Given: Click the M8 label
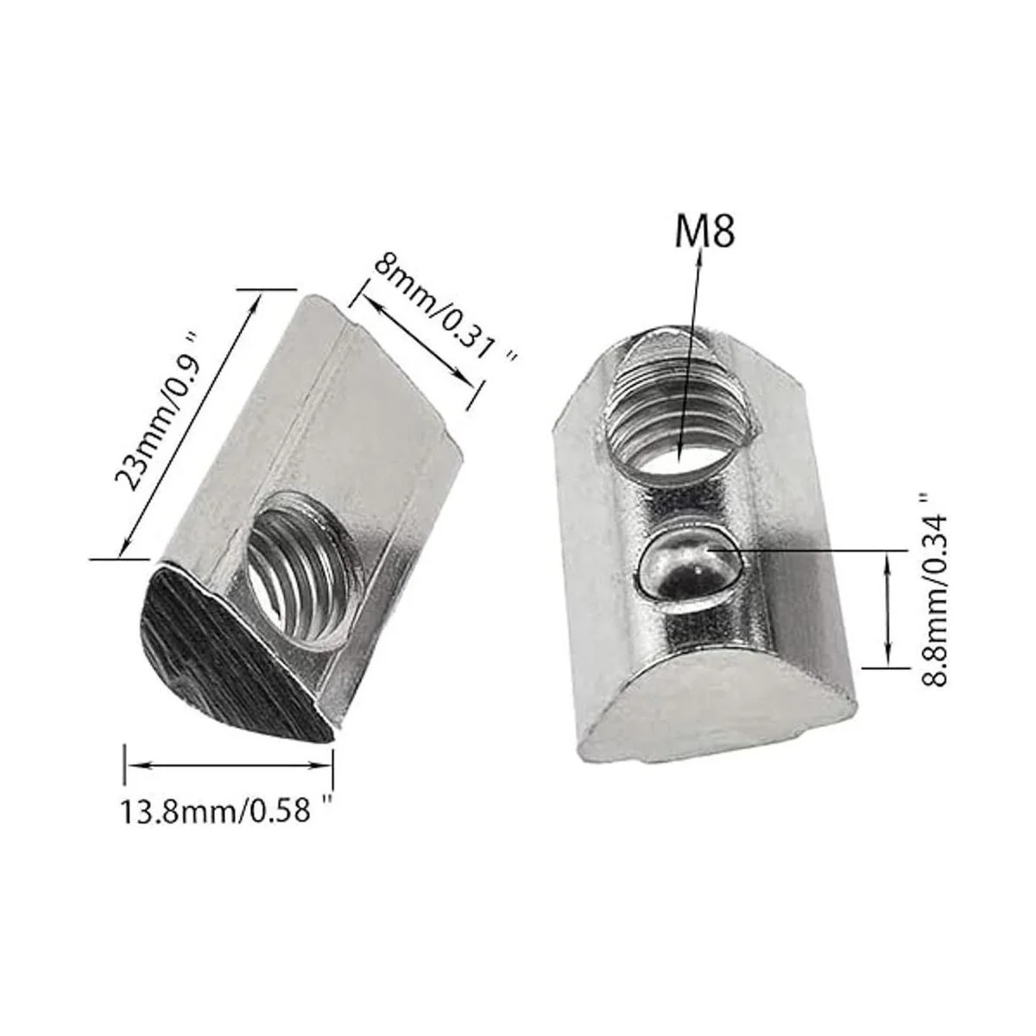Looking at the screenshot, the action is tap(704, 231).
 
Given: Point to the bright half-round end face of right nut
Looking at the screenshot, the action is tap(717, 712).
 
